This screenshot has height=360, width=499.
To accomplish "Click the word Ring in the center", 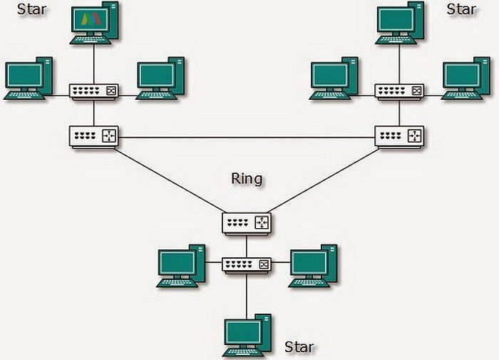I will click(247, 178).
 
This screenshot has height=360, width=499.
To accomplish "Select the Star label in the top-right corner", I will click(461, 9).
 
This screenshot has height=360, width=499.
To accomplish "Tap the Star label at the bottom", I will click(299, 347).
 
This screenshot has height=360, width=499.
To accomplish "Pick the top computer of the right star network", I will click(400, 25).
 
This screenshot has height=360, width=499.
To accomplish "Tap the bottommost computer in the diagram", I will click(247, 336).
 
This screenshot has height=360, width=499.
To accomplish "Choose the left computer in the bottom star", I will click(179, 265).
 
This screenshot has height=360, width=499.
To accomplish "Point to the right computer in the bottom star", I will click(312, 265).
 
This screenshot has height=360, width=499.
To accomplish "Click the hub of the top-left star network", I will click(93, 91).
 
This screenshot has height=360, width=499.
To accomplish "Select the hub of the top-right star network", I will click(399, 91).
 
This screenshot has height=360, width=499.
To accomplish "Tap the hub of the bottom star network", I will click(247, 264).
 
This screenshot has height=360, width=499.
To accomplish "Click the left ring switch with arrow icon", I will click(93, 135).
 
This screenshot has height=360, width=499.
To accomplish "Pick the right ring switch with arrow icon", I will click(399, 135).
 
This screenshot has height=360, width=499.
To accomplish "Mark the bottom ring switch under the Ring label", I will click(247, 223).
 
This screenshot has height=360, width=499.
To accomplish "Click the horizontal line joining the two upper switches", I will click(246, 136).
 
